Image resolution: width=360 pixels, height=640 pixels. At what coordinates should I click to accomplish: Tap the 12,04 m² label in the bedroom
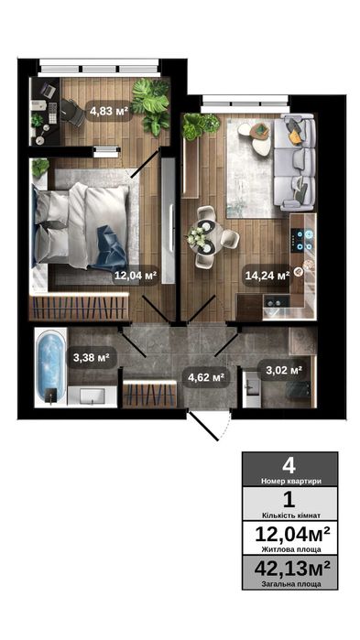(x=135, y=274)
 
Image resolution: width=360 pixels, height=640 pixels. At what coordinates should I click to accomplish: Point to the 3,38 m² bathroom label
(x=91, y=357)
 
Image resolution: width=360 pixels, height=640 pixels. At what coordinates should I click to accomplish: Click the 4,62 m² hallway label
(x=205, y=376)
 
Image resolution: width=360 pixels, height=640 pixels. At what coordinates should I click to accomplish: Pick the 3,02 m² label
(x=284, y=371)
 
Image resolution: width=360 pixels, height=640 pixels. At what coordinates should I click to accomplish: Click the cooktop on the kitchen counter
(x=303, y=240)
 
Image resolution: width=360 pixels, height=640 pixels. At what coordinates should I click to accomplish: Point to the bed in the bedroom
(x=78, y=224)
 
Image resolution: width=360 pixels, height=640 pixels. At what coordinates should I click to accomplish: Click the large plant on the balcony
(x=151, y=103)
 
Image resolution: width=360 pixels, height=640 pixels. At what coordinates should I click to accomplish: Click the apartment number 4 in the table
(x=289, y=464)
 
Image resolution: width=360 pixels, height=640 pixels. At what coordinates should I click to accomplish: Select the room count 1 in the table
(x=289, y=500)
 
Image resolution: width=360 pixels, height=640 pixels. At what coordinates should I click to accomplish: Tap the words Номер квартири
(x=289, y=480)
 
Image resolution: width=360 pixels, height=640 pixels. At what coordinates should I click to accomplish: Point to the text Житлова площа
(x=289, y=549)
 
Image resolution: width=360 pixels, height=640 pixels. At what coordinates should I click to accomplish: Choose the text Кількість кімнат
(x=289, y=515)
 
